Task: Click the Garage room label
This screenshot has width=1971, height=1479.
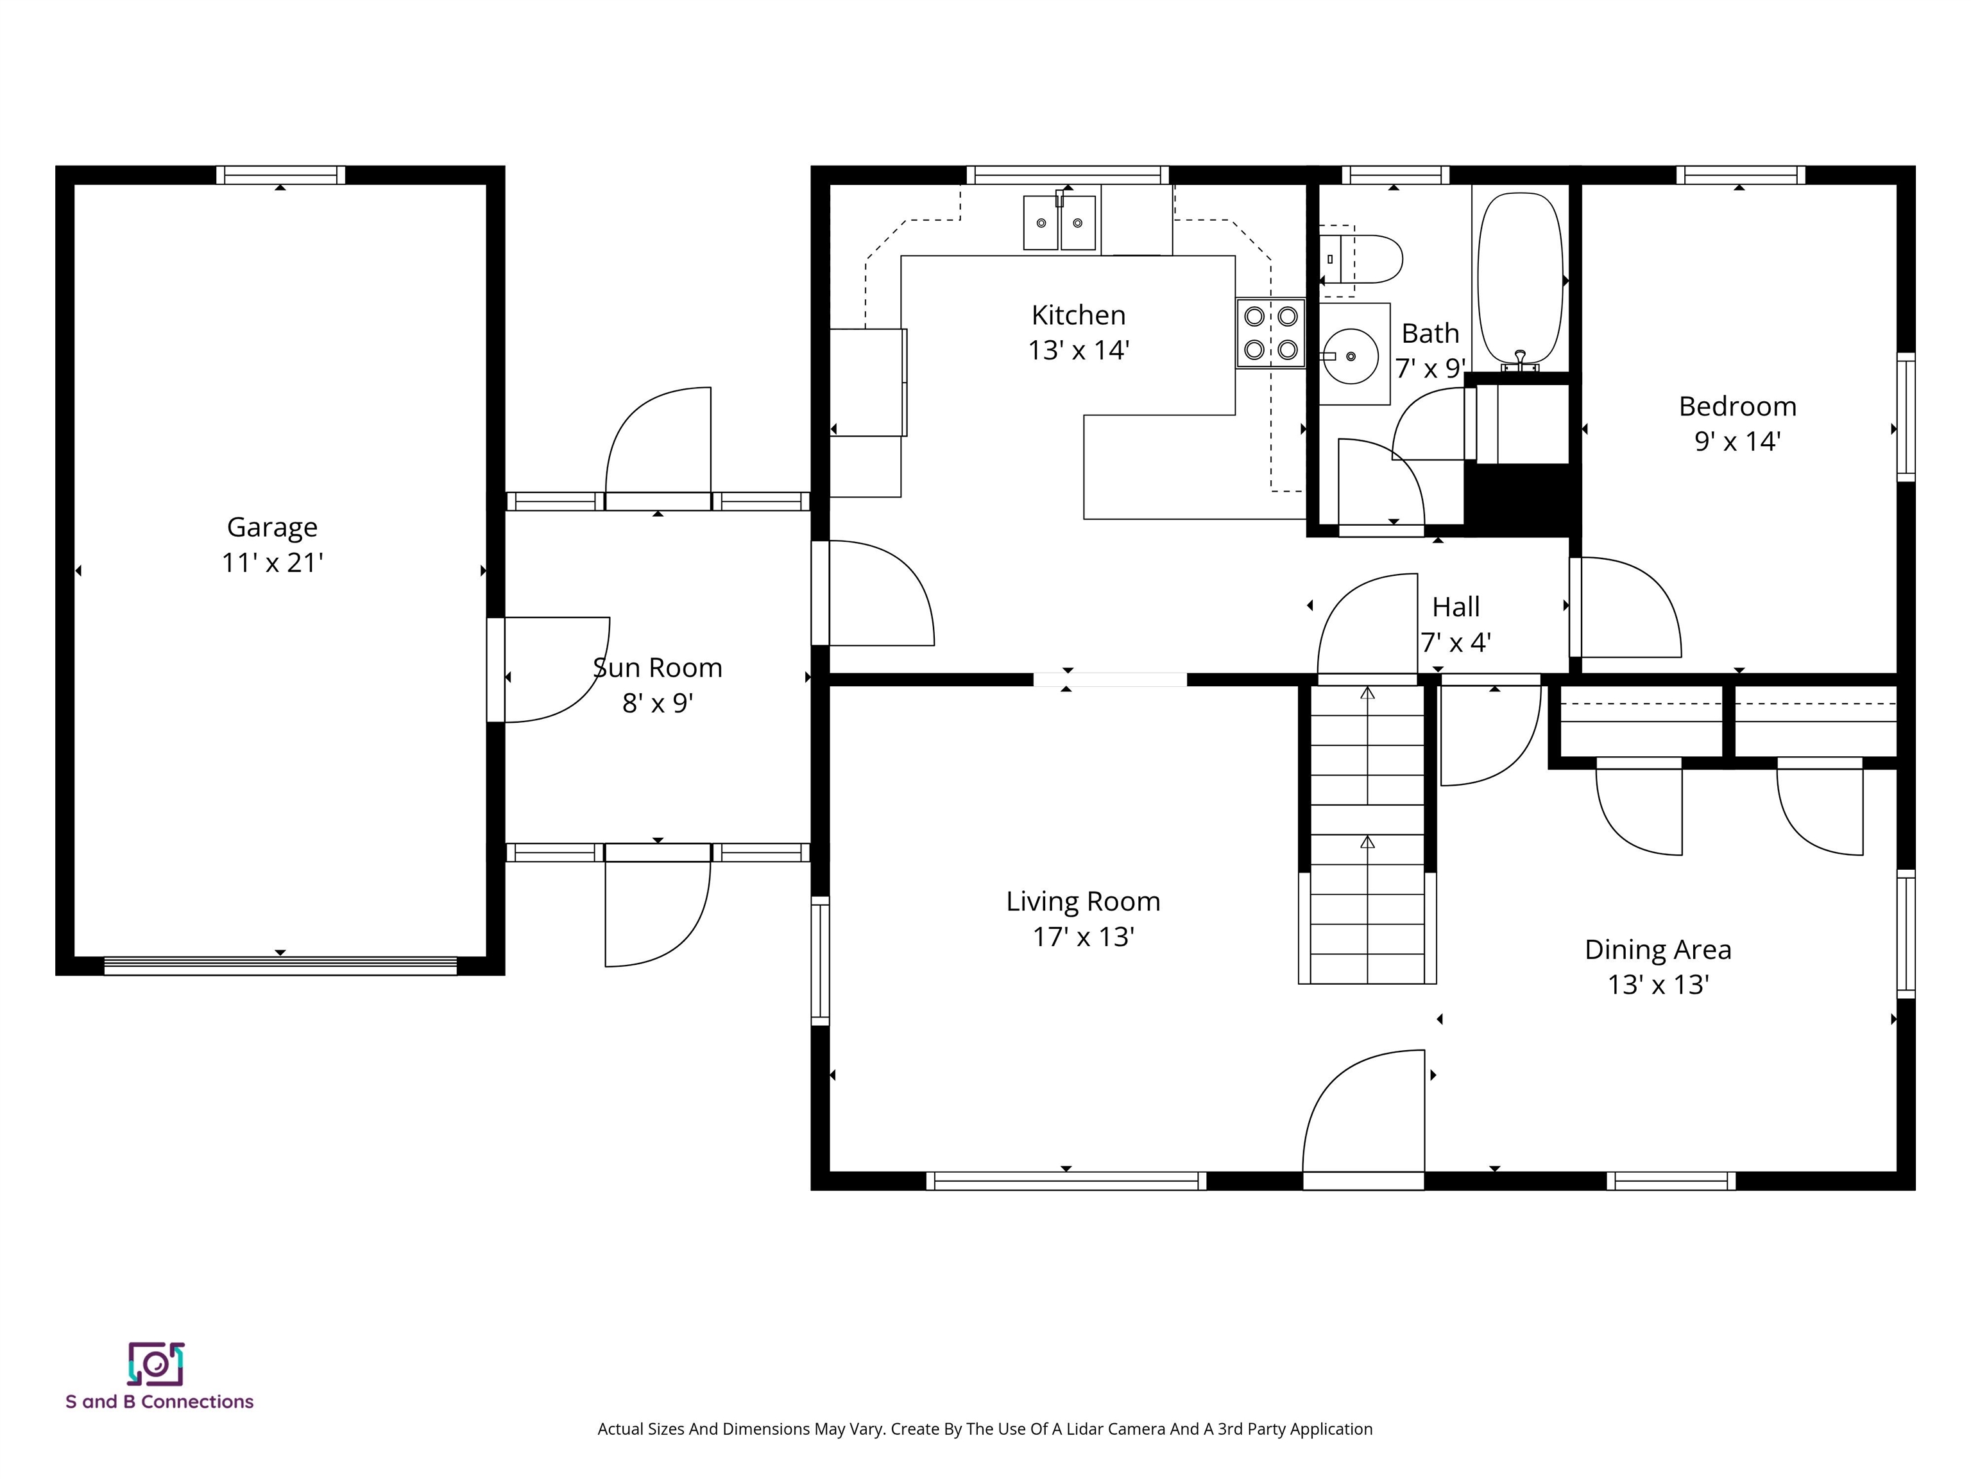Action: pos(272,527)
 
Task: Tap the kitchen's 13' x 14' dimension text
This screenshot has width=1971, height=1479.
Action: pos(1078,350)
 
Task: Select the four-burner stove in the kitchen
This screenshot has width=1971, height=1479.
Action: pos(1270,333)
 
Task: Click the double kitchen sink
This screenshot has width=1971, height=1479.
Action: pos(1059,223)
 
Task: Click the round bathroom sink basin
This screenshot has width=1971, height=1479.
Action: pos(1351,356)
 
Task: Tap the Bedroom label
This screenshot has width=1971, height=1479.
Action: pos(1737,406)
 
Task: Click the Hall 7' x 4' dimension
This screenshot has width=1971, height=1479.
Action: pos(1455,642)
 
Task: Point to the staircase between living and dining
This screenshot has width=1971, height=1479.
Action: pos(1367,834)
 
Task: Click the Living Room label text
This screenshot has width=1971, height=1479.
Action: pos(1082,901)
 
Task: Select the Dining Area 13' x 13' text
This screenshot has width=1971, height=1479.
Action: pos(1657,984)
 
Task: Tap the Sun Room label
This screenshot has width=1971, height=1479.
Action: pos(658,668)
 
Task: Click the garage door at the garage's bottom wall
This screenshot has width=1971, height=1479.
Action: pos(280,965)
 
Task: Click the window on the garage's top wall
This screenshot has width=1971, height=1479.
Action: pos(280,175)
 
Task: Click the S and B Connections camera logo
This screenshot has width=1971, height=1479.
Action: pos(156,1364)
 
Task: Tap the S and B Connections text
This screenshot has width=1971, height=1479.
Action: pos(160,1401)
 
